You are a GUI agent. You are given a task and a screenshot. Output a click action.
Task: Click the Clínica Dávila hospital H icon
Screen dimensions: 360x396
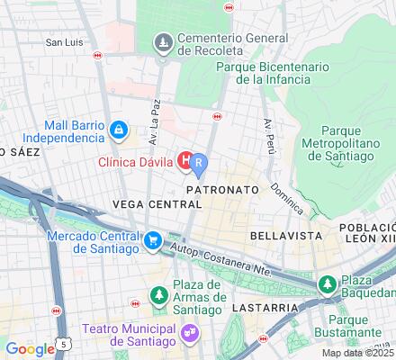click(x=186, y=161)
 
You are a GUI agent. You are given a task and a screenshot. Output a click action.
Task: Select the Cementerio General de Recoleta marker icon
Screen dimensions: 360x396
click(x=163, y=41)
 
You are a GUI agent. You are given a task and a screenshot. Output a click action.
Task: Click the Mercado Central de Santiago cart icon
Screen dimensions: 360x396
click(x=154, y=240)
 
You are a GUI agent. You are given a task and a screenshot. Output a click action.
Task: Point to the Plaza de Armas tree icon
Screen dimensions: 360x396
click(x=159, y=294)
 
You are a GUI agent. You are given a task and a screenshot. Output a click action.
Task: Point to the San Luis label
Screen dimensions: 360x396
click(x=65, y=41)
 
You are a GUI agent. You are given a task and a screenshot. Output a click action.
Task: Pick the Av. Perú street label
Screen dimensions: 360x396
click(x=267, y=134)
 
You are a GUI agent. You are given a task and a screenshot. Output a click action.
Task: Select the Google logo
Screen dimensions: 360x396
click(x=30, y=349)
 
